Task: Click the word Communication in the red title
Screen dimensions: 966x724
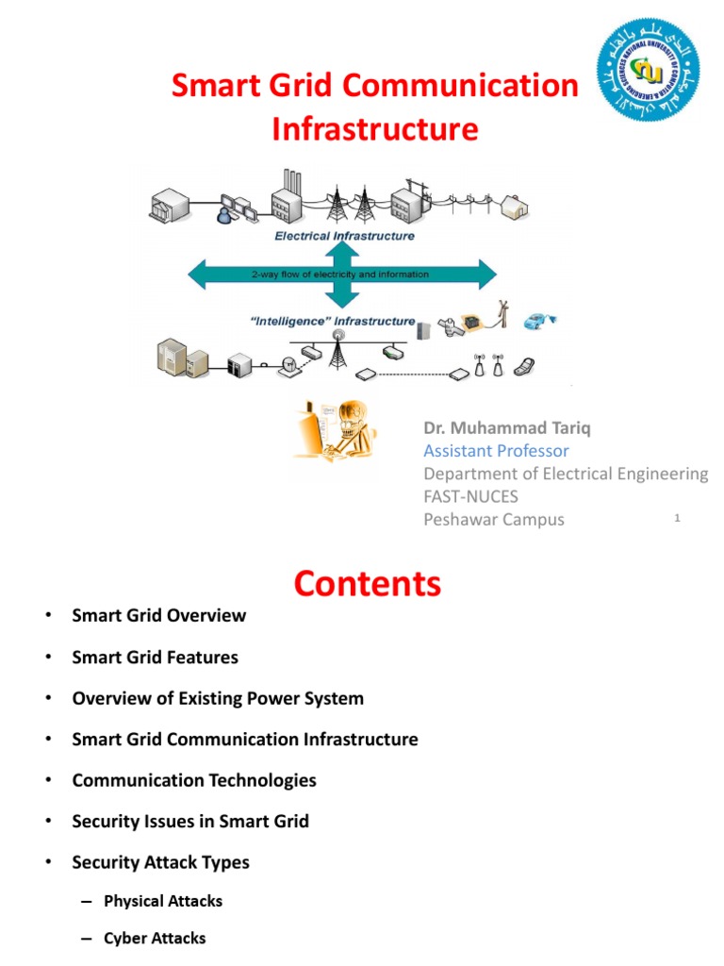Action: coord(460,86)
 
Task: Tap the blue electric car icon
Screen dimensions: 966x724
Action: coord(538,320)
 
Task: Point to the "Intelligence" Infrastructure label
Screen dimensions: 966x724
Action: coord(333,321)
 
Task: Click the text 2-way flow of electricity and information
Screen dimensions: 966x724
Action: coord(340,275)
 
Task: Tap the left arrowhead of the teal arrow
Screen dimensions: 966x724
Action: coord(201,275)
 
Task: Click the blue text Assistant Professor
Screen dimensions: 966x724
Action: coord(496,451)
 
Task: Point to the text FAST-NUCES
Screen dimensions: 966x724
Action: coord(470,496)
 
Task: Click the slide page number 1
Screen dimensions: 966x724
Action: coord(677,517)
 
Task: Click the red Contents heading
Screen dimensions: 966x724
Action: coord(367,584)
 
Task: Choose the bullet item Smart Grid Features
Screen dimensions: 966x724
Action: coord(155,658)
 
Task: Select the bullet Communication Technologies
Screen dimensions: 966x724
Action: coord(194,780)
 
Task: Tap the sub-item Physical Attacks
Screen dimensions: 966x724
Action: coord(163,901)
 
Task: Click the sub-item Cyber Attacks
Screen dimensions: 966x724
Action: coord(155,938)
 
